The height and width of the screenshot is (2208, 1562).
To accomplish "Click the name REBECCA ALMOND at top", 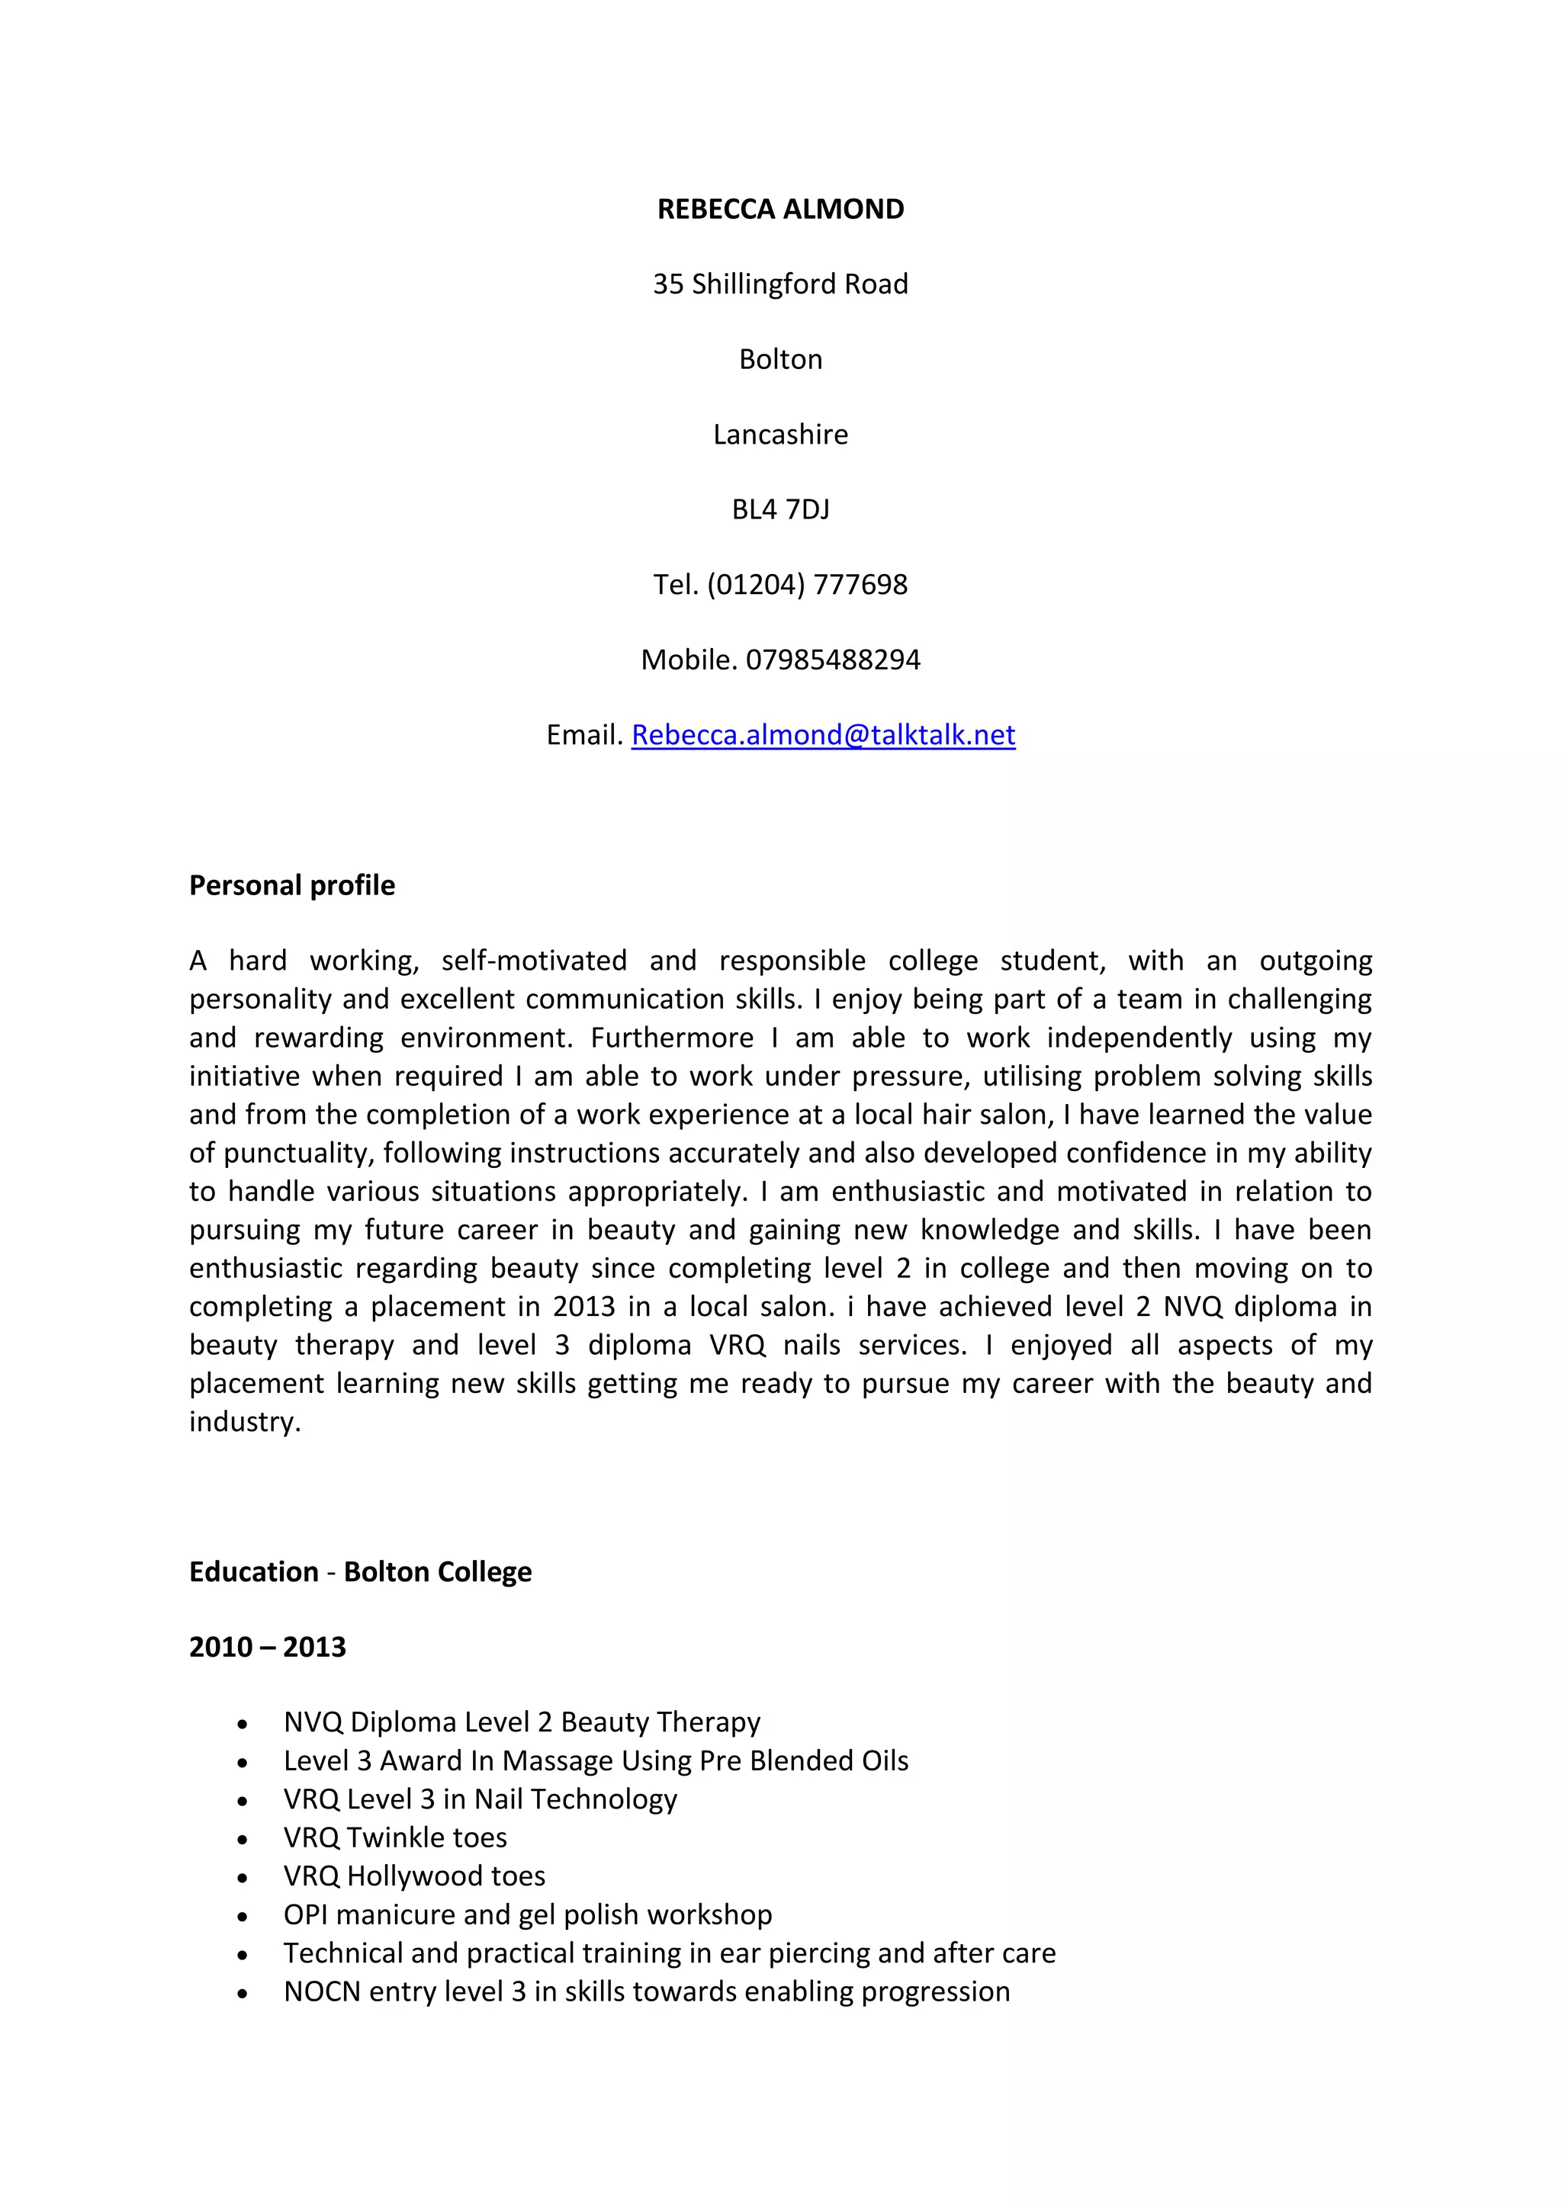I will tap(780, 209).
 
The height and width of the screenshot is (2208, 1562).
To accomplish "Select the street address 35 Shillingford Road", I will tap(780, 284).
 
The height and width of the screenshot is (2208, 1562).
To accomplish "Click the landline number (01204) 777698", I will tap(806, 584).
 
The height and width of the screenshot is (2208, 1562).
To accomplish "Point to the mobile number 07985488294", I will tap(832, 660).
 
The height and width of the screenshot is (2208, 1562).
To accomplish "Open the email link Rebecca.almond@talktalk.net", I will tap(822, 735).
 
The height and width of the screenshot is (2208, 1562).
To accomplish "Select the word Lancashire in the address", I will tap(780, 434).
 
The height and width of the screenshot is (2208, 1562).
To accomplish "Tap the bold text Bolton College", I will tap(438, 1571).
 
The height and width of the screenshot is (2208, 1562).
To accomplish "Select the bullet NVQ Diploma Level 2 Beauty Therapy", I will tap(522, 1722).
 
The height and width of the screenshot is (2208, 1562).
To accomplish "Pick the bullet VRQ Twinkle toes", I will tap(394, 1837).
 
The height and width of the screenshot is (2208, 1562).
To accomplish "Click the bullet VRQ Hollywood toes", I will tap(413, 1876).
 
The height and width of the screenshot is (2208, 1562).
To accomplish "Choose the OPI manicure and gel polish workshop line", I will tap(527, 1914).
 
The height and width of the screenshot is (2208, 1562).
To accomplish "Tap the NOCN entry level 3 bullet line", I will tap(646, 1991).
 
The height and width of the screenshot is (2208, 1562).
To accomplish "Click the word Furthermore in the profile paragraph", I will tap(671, 1038).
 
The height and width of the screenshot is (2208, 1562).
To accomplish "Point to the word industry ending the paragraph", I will tap(244, 1421).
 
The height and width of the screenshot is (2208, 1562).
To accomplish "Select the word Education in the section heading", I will tap(253, 1571).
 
